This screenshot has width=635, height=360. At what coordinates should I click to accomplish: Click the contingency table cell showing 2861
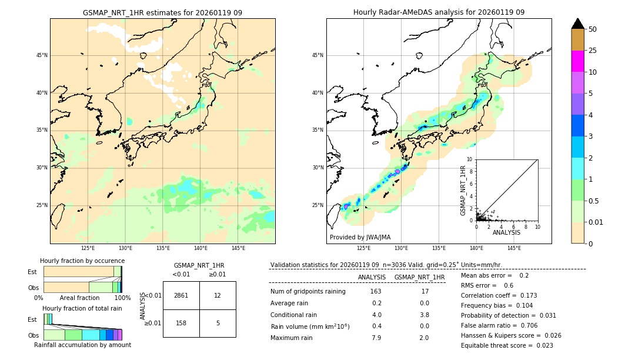tap(181, 295)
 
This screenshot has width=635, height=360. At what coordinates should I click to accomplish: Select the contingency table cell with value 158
tap(181, 323)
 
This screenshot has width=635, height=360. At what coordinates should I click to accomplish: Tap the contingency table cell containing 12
tap(218, 295)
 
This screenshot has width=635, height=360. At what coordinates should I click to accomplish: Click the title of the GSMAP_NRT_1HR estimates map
tap(162, 13)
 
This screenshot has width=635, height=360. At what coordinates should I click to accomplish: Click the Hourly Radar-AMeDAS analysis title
tap(439, 13)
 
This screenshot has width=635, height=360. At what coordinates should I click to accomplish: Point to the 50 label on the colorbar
tap(593, 29)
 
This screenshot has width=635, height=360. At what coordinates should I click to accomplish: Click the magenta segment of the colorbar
tap(577, 61)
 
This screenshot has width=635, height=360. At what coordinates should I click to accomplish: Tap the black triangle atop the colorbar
tap(577, 24)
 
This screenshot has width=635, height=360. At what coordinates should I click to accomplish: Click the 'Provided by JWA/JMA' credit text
tap(360, 238)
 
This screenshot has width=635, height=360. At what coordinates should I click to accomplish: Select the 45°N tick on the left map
tap(42, 55)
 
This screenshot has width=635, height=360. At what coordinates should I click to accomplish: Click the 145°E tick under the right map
tap(514, 248)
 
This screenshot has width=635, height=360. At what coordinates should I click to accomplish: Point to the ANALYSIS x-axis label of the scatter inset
tap(506, 232)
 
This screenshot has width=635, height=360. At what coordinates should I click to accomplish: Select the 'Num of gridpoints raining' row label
tap(308, 292)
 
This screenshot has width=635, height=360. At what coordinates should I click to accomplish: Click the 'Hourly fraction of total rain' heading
tap(82, 308)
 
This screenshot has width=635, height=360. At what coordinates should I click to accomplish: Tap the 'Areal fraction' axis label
tap(80, 298)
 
